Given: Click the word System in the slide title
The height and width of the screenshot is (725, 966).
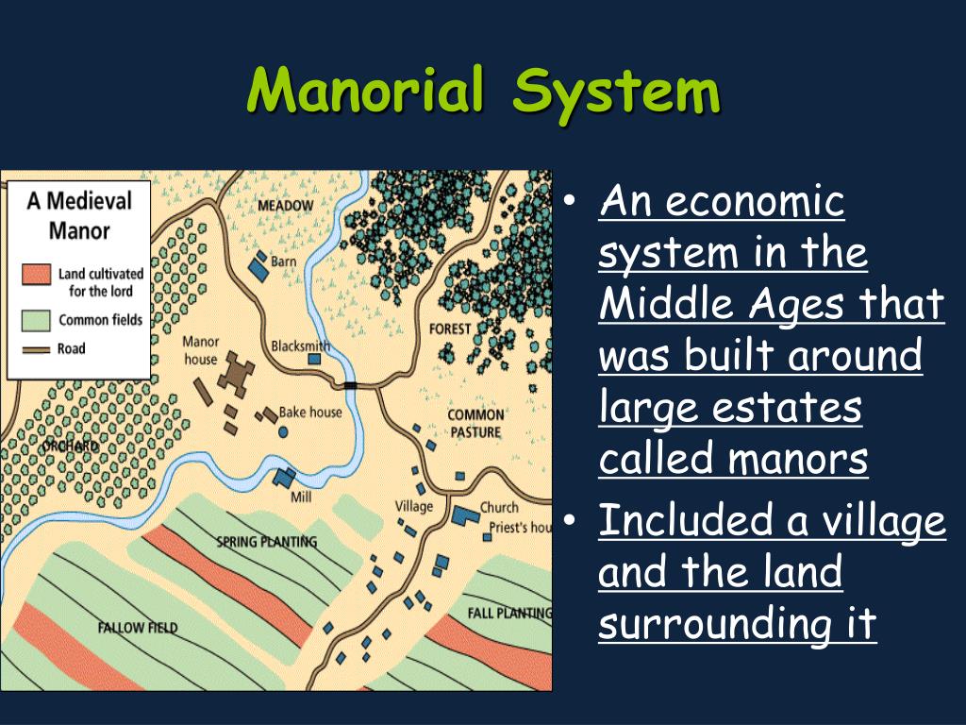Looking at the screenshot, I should pos(617,92).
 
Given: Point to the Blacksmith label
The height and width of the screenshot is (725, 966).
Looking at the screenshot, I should pos(300,346).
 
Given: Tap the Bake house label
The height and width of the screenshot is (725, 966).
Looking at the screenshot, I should pos(310,413).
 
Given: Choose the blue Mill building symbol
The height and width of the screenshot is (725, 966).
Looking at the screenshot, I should pos(284,477).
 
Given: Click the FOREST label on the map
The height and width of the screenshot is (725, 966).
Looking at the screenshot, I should pos(449,329).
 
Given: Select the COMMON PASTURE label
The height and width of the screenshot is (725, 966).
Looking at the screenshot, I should pos(475,424).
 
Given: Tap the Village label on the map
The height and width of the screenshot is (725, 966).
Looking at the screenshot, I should pos(413,506).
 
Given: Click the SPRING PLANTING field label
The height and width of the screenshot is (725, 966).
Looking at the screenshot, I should pos(266,542).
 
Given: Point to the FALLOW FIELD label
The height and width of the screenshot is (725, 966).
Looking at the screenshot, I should pos(137,627).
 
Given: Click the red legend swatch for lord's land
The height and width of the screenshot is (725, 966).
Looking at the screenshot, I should pos(36,274).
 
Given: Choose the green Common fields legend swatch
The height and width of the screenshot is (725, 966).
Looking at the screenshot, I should pos(36,319).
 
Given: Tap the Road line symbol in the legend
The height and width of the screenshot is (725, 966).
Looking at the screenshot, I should pos(36,349).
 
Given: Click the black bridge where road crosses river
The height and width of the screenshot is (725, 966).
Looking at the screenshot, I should pos(351,385).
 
